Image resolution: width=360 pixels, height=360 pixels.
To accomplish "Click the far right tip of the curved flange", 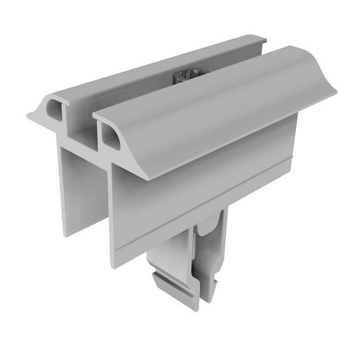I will click(333, 91).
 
